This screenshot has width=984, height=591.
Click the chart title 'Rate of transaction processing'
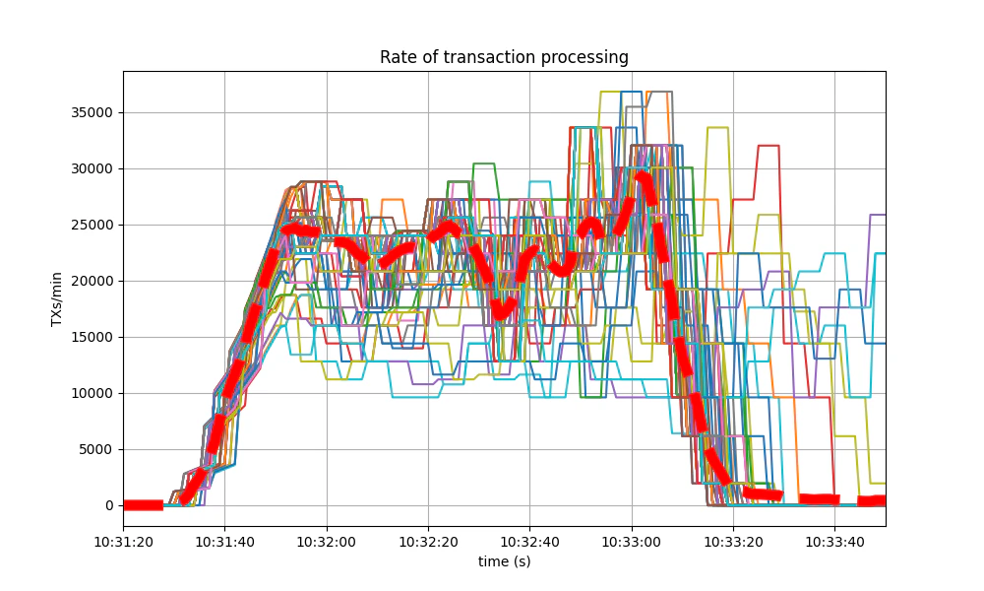click(x=504, y=57)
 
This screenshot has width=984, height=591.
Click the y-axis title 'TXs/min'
click(x=57, y=297)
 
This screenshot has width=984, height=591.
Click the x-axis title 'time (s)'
click(x=504, y=561)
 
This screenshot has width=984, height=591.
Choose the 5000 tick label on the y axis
click(x=96, y=449)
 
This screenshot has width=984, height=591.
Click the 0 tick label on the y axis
click(x=109, y=505)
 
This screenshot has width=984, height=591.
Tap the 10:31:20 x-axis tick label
click(x=123, y=541)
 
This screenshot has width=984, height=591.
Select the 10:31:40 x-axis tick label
click(x=224, y=541)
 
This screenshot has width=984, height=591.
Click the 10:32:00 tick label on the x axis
click(x=327, y=541)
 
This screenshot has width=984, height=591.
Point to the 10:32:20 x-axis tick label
click(x=428, y=541)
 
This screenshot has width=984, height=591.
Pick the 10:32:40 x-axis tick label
click(x=529, y=541)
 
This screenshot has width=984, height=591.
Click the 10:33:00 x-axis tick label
click(x=632, y=541)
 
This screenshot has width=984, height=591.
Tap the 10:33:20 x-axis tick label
click(x=733, y=541)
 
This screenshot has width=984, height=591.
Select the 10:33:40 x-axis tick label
click(x=834, y=541)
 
